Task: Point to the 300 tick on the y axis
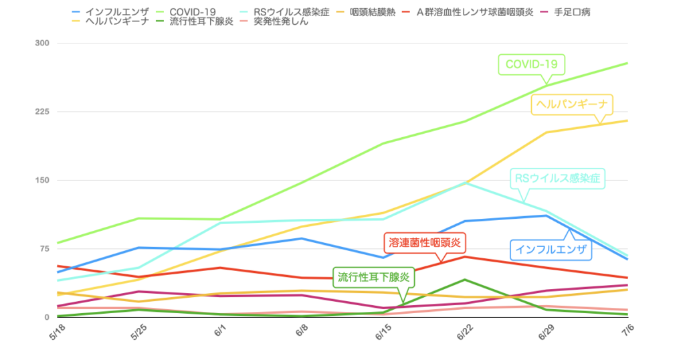click(x=42, y=43)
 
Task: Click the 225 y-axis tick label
click(x=42, y=112)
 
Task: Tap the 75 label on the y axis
click(x=44, y=249)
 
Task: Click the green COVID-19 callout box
click(x=532, y=65)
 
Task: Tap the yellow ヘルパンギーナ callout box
click(x=573, y=104)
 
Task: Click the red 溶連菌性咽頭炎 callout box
click(x=425, y=242)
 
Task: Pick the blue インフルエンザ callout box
click(x=551, y=250)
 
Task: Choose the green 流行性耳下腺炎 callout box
click(x=374, y=276)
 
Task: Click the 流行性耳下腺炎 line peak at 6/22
click(x=465, y=280)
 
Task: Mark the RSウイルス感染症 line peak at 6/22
click(x=465, y=182)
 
